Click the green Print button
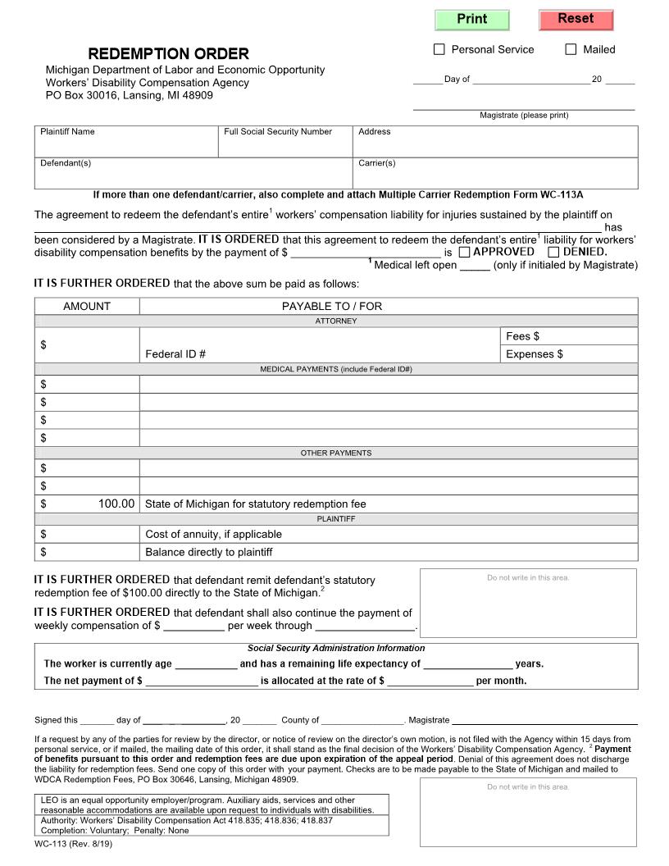click(471, 20)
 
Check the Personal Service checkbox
click(439, 49)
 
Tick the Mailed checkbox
click(571, 49)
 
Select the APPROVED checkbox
click(464, 252)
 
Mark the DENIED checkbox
click(553, 252)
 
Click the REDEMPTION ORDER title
click(168, 54)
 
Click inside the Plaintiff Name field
click(126, 146)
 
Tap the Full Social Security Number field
click(284, 146)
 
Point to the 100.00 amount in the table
click(116, 504)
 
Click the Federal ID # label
click(175, 354)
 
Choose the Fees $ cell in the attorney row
click(569, 336)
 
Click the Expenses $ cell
click(569, 354)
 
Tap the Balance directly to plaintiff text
click(208, 552)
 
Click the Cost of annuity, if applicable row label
click(213, 534)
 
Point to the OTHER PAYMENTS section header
click(336, 453)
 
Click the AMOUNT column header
click(87, 306)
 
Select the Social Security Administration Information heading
click(336, 648)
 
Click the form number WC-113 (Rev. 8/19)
click(73, 844)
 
